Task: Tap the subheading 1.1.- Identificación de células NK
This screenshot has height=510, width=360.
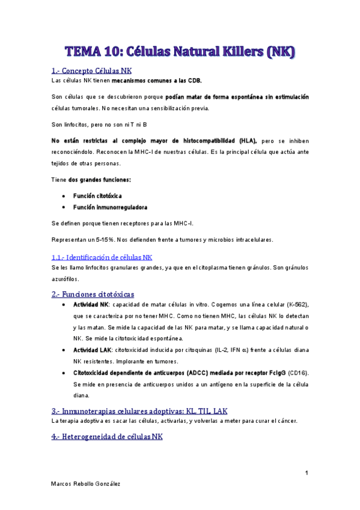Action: [102, 257]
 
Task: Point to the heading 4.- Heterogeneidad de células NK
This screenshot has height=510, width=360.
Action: [107, 437]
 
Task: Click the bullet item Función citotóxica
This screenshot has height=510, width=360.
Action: [97, 195]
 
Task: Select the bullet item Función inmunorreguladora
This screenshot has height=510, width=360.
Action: [110, 207]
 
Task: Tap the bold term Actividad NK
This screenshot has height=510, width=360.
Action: [91, 305]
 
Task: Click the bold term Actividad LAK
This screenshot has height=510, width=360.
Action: [92, 349]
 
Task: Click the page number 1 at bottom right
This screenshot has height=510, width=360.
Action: [306, 474]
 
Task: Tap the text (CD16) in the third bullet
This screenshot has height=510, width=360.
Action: [299, 373]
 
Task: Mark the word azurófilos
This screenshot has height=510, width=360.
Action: [66, 279]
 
